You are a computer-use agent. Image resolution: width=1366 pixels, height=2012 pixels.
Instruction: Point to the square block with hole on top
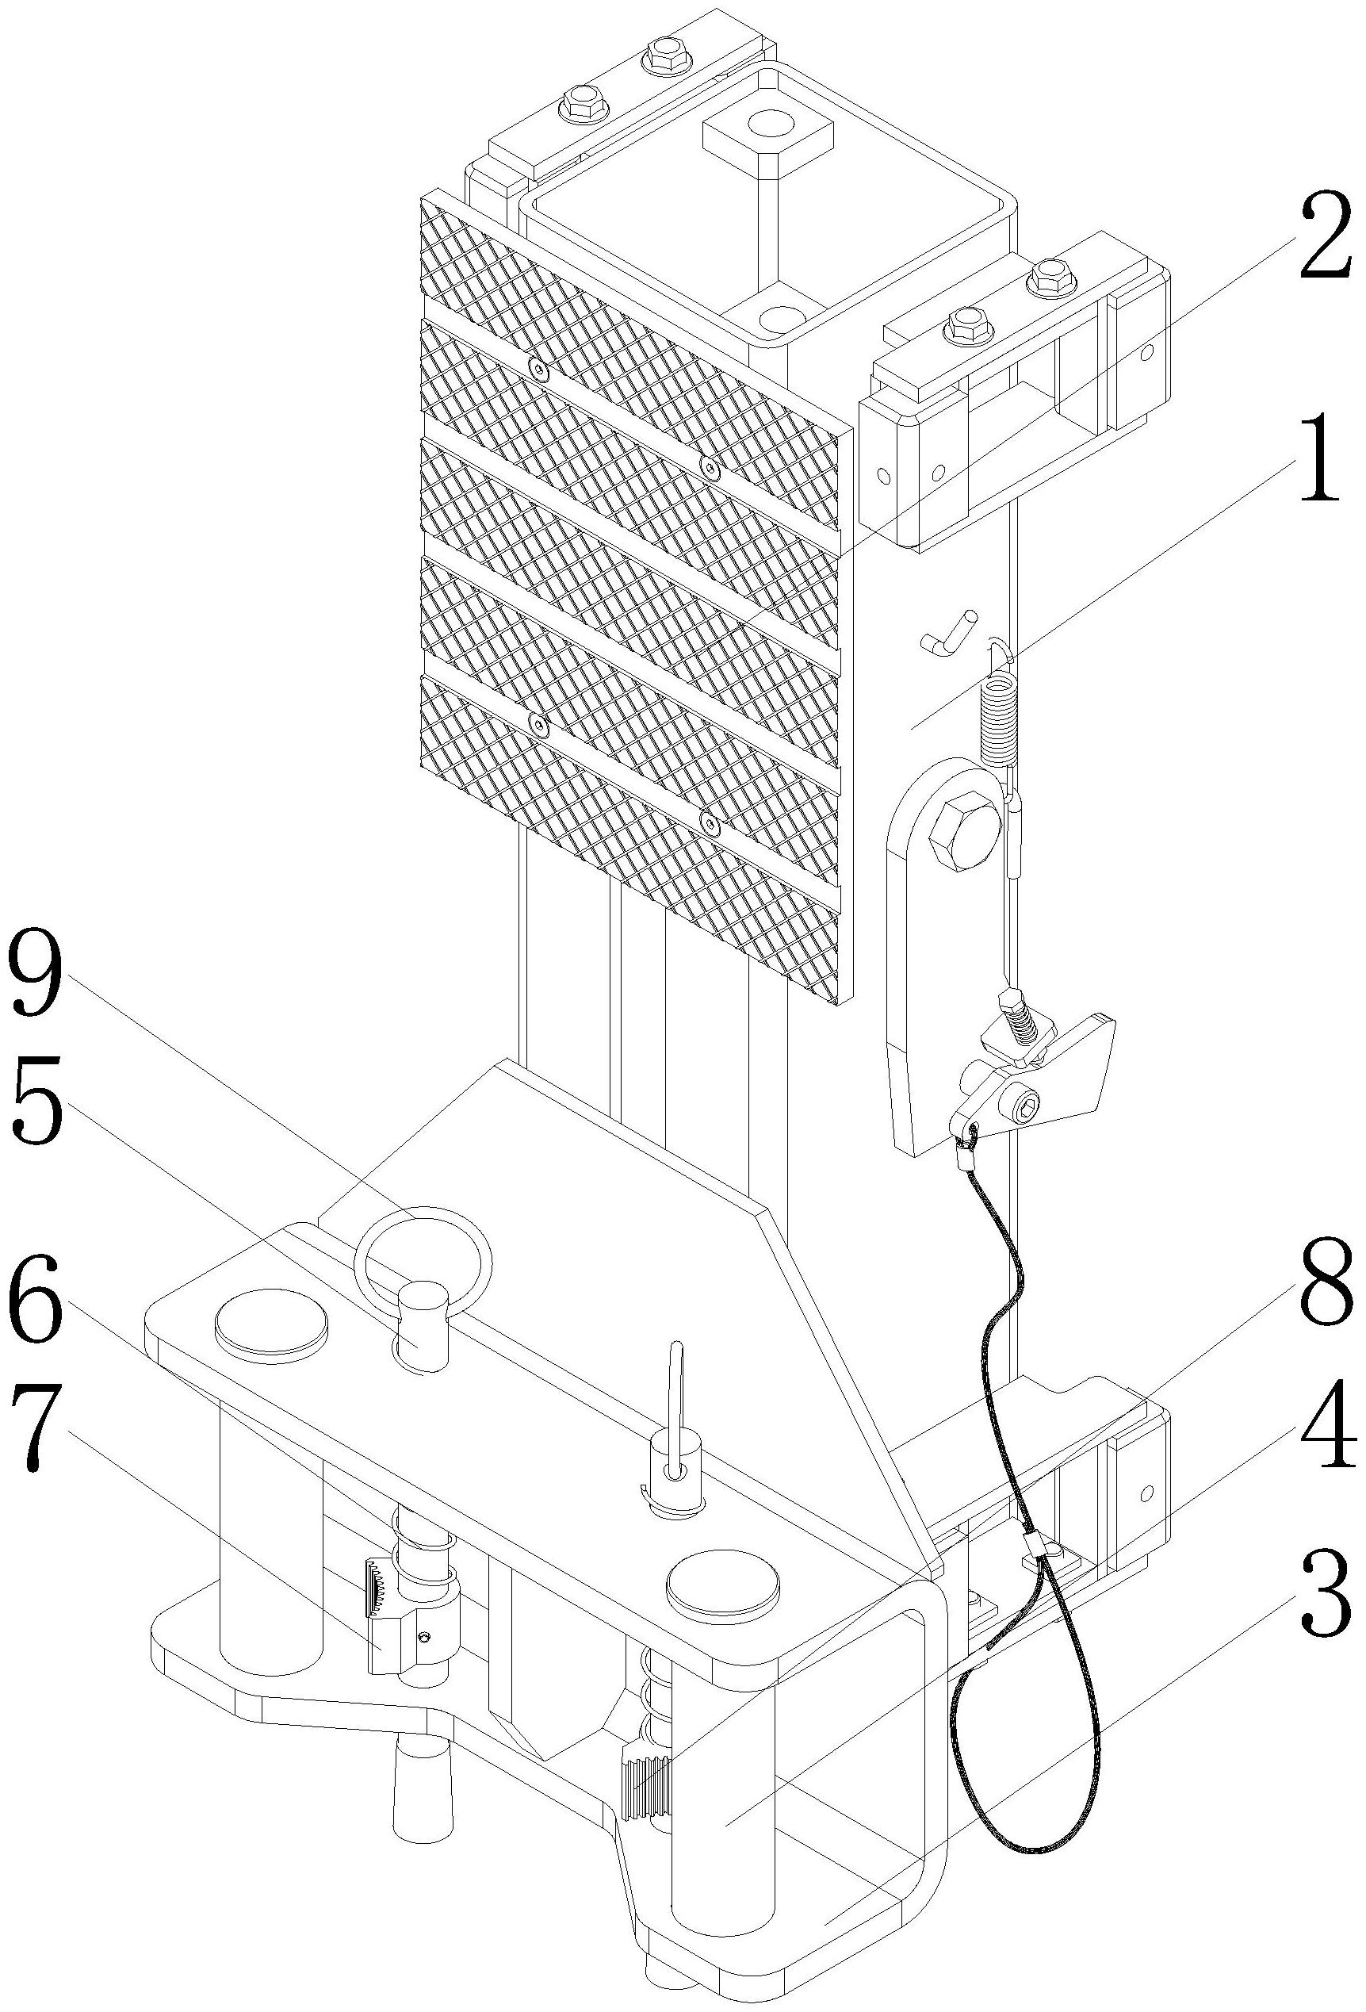tap(767, 132)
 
